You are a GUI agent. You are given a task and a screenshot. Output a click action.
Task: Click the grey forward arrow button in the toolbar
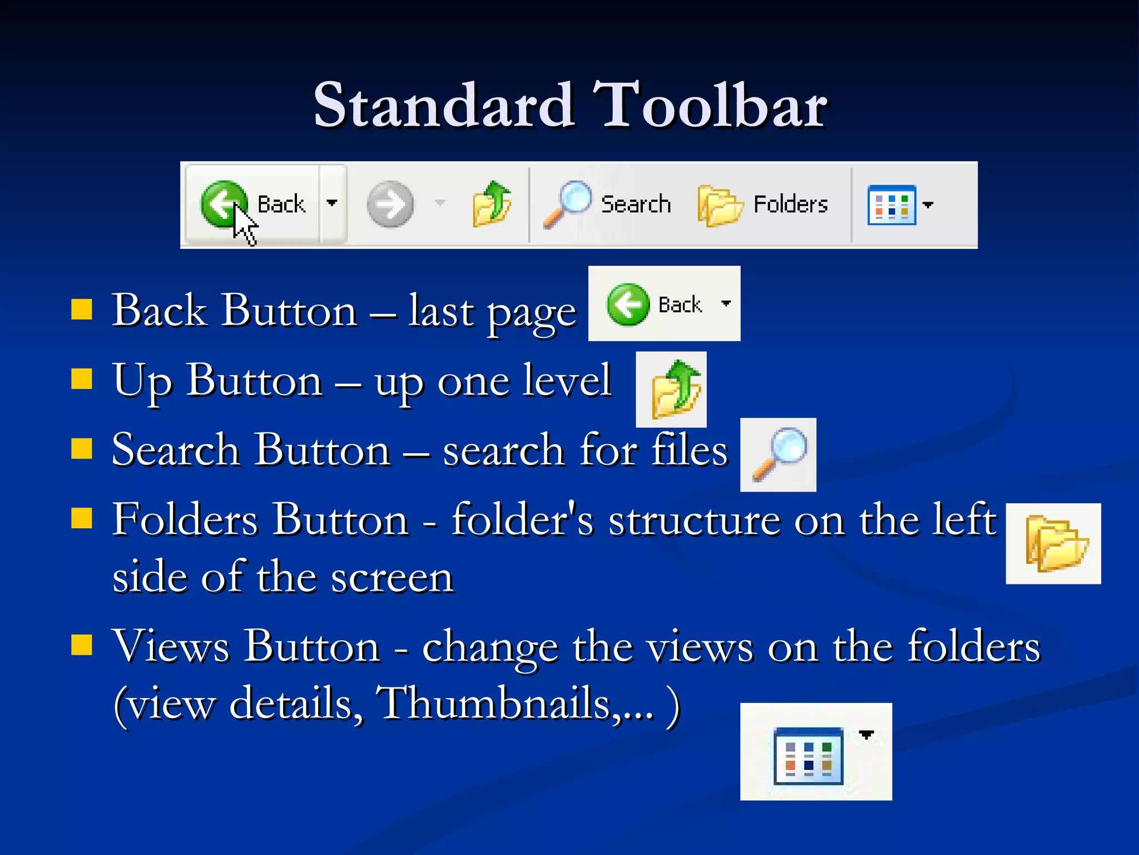pos(390,204)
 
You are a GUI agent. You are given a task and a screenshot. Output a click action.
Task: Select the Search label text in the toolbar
pos(636,204)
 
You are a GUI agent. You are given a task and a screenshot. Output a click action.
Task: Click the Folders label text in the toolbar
pos(790,204)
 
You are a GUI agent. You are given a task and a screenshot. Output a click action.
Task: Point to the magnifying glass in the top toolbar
pos(567,204)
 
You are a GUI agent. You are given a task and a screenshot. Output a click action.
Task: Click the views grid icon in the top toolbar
pos(891,205)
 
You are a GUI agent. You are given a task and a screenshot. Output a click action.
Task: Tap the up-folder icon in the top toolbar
pos(491,204)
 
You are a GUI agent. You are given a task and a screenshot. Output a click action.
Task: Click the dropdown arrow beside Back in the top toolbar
pos(332,203)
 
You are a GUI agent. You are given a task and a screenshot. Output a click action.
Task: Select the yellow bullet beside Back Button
pos(82,309)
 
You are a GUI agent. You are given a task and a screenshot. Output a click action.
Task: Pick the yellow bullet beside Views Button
pos(82,645)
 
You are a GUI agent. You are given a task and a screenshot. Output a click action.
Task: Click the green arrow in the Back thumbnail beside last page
pos(628,304)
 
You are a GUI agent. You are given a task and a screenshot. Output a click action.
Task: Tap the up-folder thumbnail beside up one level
pos(671,389)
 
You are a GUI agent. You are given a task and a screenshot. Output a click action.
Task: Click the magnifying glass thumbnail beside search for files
pos(778,454)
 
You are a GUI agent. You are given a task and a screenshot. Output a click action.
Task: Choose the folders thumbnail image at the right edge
pos(1053,544)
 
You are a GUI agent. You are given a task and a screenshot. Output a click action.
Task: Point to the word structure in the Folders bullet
pos(695,520)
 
